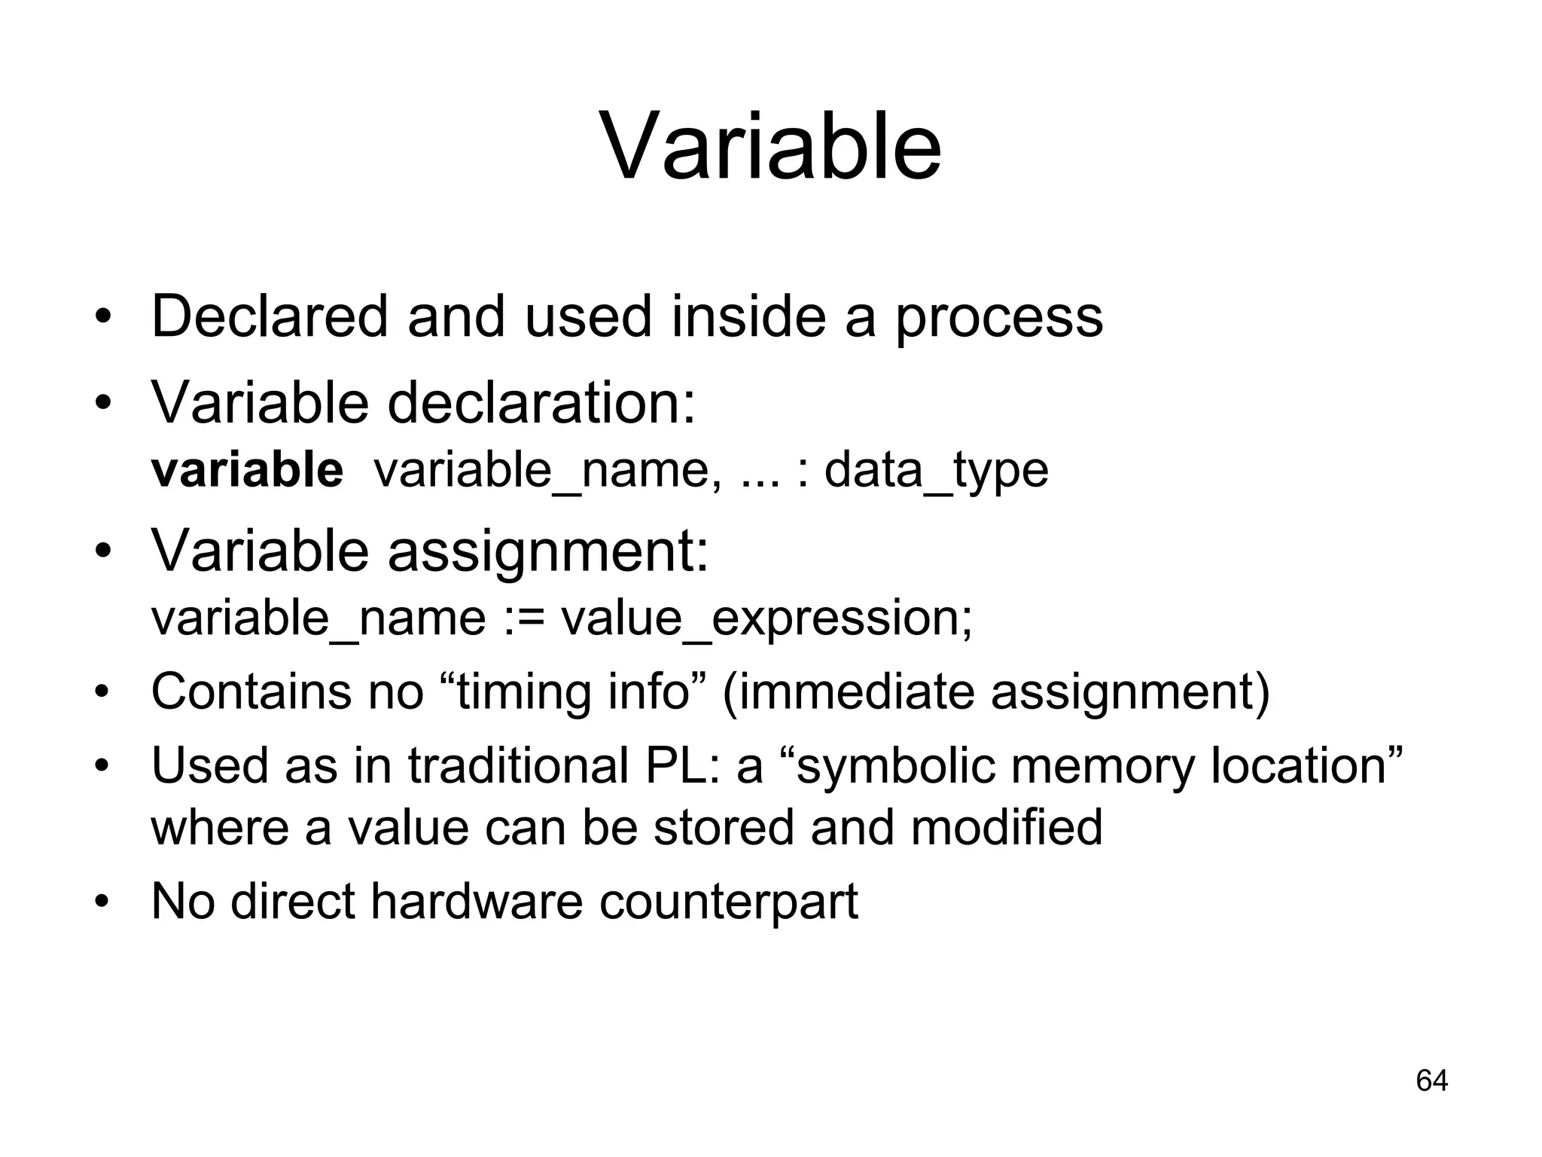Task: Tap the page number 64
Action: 1431,1080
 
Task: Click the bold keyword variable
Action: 247,470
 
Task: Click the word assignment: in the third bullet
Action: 548,551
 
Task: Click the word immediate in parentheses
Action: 852,691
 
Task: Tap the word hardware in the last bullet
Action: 477,901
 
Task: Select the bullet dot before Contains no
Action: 103,691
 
